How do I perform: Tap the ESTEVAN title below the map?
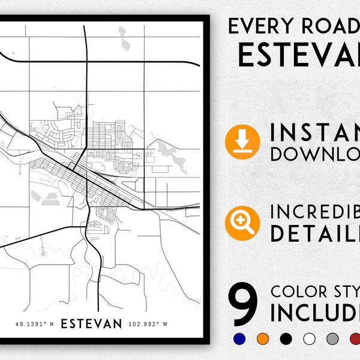(92, 323)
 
